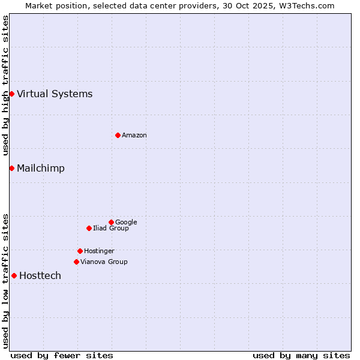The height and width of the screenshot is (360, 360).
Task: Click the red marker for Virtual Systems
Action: tap(11, 94)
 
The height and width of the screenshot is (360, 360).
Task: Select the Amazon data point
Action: tap(118, 135)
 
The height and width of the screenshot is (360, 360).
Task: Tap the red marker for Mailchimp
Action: tap(11, 168)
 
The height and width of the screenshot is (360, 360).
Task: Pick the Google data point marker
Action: tap(111, 222)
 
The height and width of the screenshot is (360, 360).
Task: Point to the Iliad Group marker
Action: tap(89, 228)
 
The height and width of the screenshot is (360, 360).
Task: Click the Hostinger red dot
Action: tap(80, 251)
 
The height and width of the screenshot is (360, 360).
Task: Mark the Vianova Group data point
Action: tap(76, 262)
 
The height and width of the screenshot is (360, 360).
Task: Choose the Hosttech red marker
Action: tap(14, 275)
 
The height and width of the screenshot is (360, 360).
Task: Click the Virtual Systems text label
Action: tap(55, 94)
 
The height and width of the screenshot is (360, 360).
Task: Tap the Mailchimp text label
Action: tap(41, 168)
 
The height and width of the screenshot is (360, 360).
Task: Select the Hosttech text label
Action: tap(40, 275)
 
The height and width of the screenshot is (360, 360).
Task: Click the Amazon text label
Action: tap(134, 135)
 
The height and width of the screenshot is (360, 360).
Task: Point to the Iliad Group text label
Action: tap(111, 228)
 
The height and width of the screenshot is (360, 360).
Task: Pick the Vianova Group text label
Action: tap(104, 262)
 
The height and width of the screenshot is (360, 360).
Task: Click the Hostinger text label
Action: tap(99, 251)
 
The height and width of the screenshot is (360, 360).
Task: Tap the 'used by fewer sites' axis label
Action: tap(62, 355)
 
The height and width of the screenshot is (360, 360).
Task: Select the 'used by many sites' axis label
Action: tap(301, 355)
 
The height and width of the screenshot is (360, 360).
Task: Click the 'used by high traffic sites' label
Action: tap(6, 85)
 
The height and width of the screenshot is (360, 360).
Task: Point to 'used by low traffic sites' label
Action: tap(6, 281)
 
